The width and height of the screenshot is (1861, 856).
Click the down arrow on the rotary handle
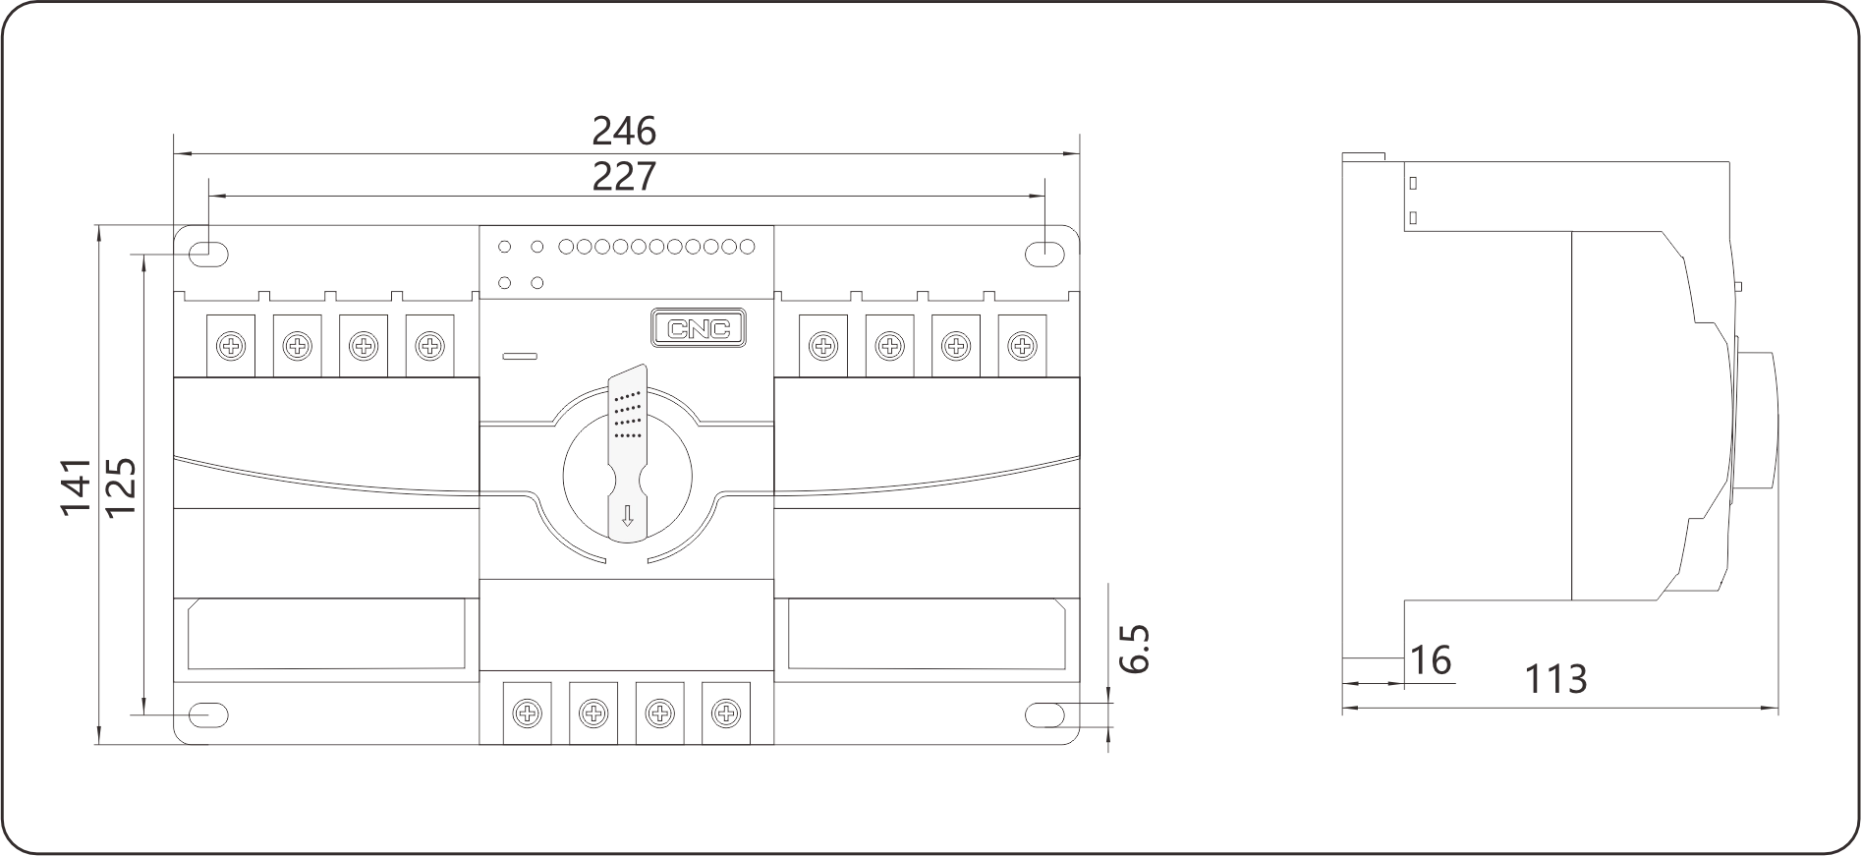(x=627, y=517)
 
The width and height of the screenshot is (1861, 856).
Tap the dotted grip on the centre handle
(x=628, y=414)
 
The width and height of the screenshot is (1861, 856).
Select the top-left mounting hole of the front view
(x=209, y=251)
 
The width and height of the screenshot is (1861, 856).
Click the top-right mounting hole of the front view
(x=1045, y=252)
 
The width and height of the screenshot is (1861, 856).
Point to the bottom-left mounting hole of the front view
(x=210, y=714)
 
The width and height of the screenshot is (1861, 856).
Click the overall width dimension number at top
(x=625, y=128)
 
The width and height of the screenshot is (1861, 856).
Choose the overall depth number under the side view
(x=1556, y=680)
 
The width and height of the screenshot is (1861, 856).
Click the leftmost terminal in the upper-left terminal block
(x=228, y=344)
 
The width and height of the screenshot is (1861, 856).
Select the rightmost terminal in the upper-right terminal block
(x=1022, y=344)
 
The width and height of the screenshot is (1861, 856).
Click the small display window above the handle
(x=695, y=330)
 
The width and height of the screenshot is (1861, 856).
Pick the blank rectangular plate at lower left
(x=329, y=635)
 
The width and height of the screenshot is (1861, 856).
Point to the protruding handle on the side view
(x=1759, y=418)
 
